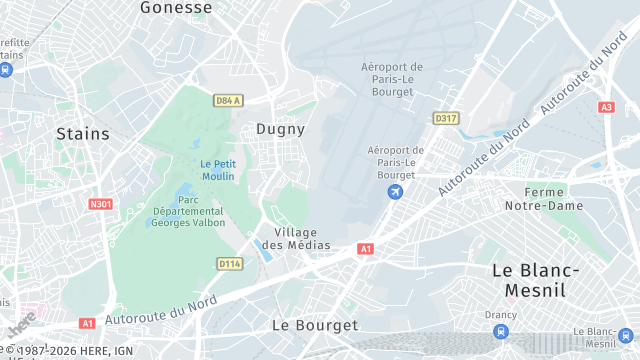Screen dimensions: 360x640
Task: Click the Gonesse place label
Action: (x=176, y=8)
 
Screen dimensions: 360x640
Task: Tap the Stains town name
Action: (x=82, y=133)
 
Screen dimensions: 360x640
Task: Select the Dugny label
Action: (x=280, y=129)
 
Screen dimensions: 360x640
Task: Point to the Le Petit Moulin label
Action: (x=217, y=169)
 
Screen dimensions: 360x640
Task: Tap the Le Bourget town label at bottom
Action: (x=314, y=326)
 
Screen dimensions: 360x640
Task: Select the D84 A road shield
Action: (x=229, y=100)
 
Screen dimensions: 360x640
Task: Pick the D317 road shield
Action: (x=446, y=118)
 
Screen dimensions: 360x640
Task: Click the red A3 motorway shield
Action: (x=607, y=107)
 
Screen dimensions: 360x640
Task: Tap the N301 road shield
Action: (x=100, y=204)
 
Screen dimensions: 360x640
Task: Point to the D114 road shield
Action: (x=229, y=263)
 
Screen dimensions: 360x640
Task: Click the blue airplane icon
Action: (x=396, y=191)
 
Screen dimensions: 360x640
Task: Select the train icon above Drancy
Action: (x=500, y=332)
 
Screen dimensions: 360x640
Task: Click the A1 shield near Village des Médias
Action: (x=365, y=248)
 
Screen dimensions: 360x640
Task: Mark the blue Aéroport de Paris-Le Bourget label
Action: (x=396, y=163)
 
